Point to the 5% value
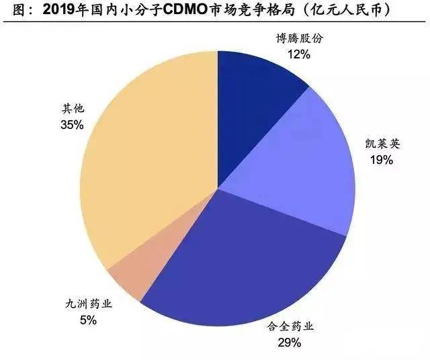click(88, 320)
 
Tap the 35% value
click(71, 124)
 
